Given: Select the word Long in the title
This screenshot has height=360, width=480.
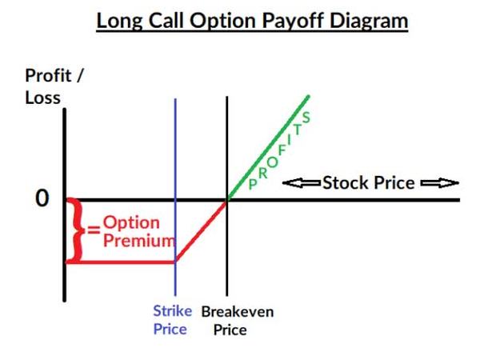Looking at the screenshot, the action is [120, 22].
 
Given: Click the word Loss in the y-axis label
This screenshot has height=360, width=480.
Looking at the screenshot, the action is [43, 98].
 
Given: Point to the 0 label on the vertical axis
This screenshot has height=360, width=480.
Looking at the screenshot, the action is [42, 198].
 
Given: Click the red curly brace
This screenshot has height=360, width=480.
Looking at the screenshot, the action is [75, 230].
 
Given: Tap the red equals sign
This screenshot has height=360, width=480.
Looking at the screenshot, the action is [94, 230].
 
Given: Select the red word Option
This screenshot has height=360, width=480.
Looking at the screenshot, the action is [131, 223].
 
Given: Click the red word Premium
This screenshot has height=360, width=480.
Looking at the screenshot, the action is [139, 240].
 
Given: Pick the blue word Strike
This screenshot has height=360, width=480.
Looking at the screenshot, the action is [173, 311].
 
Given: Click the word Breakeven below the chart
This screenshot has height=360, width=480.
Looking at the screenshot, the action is [238, 312].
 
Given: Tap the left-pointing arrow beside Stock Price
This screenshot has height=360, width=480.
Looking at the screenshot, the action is [302, 183].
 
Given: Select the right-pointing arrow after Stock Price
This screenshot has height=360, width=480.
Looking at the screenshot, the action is [440, 183].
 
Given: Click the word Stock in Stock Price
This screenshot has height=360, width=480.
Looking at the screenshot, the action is [346, 182].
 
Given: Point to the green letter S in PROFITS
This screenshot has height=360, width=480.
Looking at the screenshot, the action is [306, 118].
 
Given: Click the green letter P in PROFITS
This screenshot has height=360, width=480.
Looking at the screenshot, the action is [253, 184].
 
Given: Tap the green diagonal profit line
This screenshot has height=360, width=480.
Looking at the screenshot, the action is [268, 148].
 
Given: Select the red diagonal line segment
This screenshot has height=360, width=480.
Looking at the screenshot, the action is [201, 231].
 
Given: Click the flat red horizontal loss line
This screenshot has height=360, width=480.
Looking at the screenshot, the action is [121, 262].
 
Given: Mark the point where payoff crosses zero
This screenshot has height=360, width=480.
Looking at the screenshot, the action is [227, 201].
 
